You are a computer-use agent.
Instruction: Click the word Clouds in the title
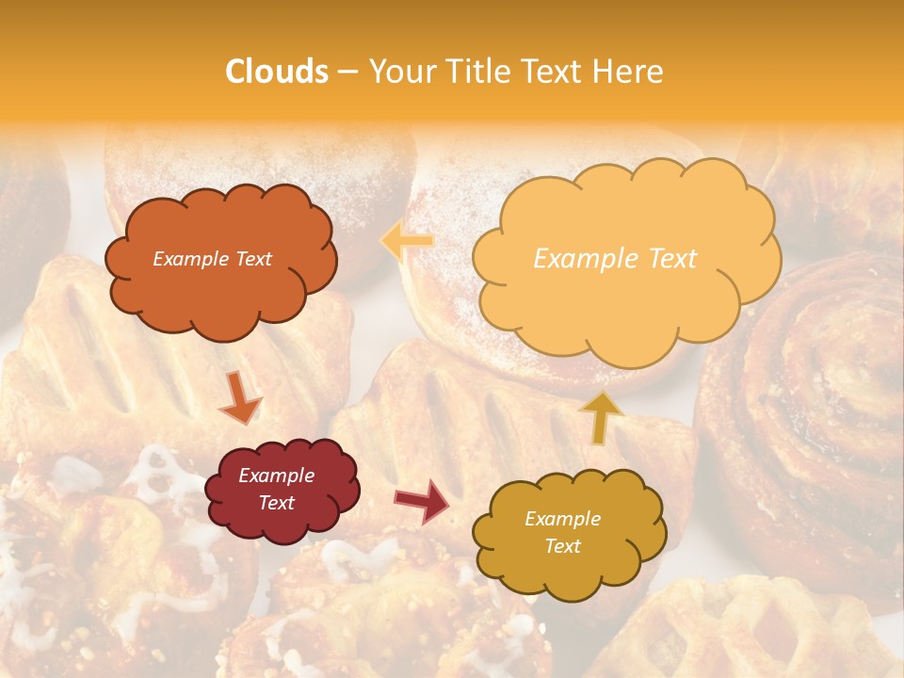click(277, 72)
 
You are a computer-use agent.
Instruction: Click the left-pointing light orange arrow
click(408, 241)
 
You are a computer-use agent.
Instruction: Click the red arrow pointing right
click(423, 500)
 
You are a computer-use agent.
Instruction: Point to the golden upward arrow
click(601, 416)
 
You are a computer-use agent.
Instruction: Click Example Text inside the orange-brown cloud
click(212, 259)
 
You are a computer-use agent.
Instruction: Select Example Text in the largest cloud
click(615, 259)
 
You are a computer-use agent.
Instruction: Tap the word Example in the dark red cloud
click(276, 476)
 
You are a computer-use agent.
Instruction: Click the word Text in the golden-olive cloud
click(562, 546)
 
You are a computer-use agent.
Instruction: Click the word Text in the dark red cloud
click(276, 503)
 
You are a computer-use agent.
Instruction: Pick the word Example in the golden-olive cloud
click(562, 519)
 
